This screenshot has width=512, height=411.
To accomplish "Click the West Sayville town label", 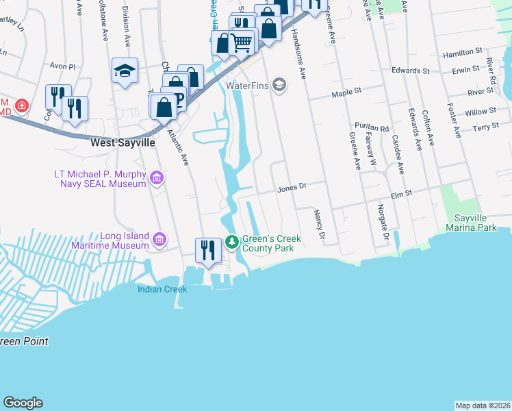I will (x=123, y=144).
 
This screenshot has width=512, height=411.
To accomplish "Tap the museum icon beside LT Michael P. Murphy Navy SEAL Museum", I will (x=157, y=179).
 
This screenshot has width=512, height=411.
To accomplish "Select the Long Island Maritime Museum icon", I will (x=159, y=239).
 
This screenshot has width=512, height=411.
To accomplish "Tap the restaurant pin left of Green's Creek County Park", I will (x=207, y=250).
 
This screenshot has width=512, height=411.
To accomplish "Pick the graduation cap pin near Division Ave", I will (x=125, y=70).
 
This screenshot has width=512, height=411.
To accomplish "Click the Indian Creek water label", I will (x=162, y=289).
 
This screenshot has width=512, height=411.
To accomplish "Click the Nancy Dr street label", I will (x=318, y=225).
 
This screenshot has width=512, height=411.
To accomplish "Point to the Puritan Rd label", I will (x=372, y=128).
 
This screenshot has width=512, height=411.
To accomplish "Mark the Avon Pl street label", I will (x=62, y=66).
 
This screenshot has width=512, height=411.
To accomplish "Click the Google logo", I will (x=23, y=403).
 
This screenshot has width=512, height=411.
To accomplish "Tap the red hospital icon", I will (x=22, y=105).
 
